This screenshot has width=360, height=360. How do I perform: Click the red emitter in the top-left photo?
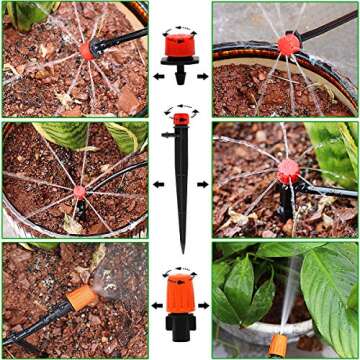88,50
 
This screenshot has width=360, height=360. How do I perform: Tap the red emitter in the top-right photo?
288,44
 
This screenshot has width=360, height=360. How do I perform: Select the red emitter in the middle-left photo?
79,193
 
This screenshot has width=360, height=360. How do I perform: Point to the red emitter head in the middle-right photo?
288,171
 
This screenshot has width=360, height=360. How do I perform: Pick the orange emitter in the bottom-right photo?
277,346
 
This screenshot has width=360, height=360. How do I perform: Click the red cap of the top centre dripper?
181,45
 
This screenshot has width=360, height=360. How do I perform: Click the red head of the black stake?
181,121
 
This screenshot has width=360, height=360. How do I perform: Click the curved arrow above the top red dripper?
181,27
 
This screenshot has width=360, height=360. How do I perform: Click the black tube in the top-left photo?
125,37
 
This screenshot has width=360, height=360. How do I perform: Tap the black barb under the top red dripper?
181,76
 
